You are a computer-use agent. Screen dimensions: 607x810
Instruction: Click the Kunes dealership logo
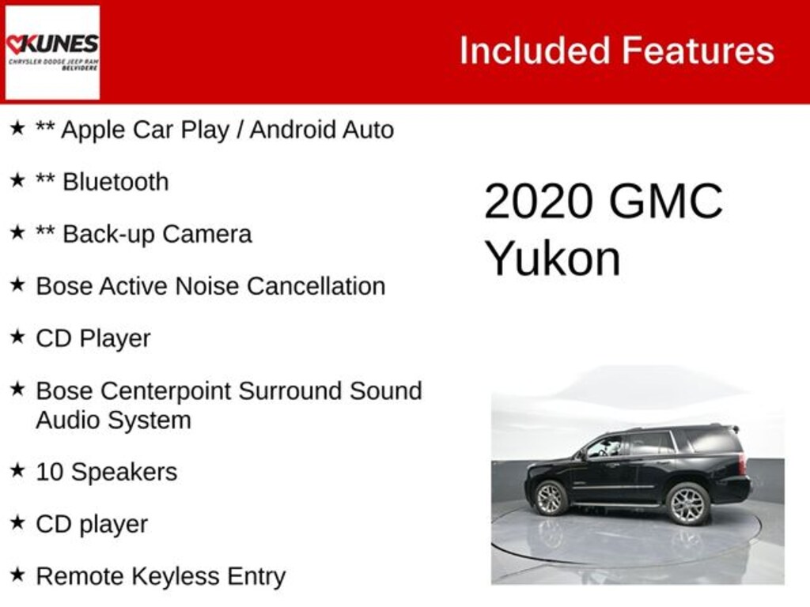(52, 52)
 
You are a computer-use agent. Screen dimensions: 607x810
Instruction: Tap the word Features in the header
(698, 51)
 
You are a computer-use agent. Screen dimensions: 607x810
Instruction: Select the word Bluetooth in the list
(115, 182)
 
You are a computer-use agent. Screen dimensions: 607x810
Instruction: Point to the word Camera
(213, 234)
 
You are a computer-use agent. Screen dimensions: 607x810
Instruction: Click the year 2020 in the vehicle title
(538, 202)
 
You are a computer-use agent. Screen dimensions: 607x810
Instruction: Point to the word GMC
(664, 202)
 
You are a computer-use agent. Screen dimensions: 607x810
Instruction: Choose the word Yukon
(552, 258)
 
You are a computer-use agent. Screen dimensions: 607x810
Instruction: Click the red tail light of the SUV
(743, 464)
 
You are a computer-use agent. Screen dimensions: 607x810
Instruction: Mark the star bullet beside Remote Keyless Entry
(17, 575)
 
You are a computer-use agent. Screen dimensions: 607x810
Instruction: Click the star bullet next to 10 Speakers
(17, 470)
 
